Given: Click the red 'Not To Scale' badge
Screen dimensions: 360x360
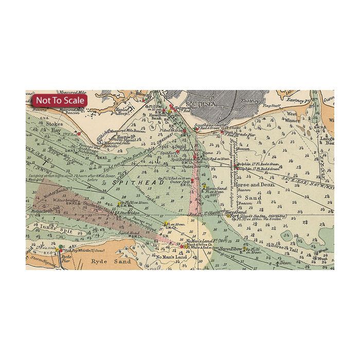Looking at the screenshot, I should pos(60,100).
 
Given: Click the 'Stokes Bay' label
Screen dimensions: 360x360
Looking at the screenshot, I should pos(54,127).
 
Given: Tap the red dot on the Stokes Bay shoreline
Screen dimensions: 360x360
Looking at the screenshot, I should pos(79,133).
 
